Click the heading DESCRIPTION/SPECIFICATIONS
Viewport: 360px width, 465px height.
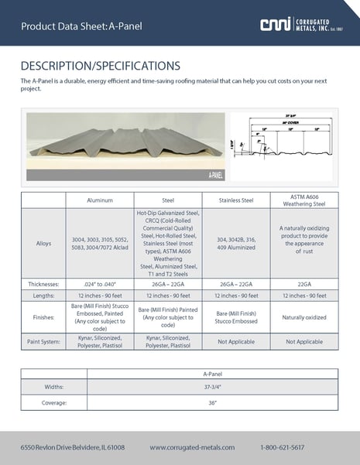click(100, 65)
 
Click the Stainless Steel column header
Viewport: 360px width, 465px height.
click(236, 200)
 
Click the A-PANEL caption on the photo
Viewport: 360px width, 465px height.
click(216, 176)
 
